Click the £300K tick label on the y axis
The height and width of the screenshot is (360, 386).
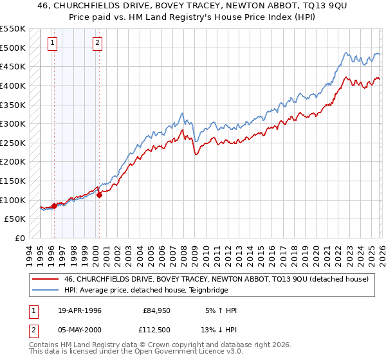(14, 123)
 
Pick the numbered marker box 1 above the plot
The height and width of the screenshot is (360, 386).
(52, 43)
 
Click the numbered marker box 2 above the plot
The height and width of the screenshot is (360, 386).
(97, 43)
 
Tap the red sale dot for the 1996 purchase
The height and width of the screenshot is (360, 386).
(55, 206)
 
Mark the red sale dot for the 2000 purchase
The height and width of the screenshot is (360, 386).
(100, 195)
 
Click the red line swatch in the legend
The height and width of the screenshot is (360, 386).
(46, 279)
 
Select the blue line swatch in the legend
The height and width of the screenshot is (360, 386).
(46, 290)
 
